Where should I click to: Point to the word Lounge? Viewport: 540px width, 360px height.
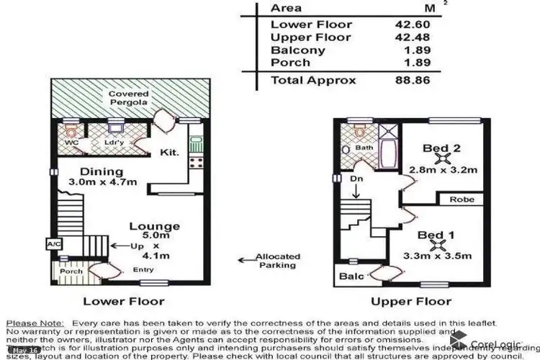(x=154, y=227)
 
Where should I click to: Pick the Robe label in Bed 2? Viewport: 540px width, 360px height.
(x=461, y=199)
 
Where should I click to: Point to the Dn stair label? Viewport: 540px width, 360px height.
(x=356, y=179)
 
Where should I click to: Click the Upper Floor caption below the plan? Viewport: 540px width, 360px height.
(x=411, y=302)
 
